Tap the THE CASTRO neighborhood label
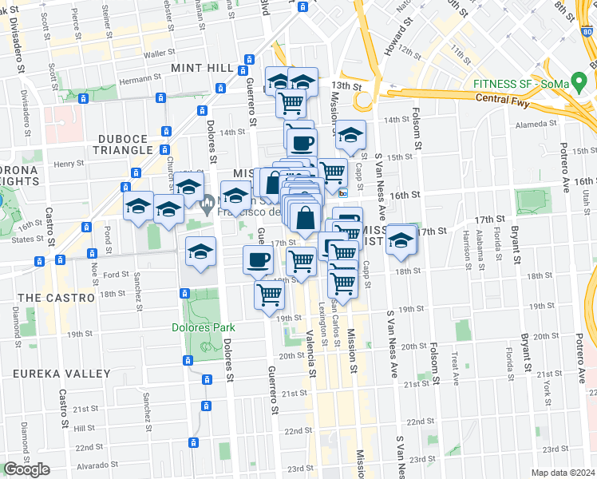click(46, 298)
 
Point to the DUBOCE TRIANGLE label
click(125, 144)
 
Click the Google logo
click(26, 469)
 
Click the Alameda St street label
click(537, 124)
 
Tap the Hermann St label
click(140, 79)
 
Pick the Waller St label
click(160, 53)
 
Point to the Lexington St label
click(323, 322)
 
